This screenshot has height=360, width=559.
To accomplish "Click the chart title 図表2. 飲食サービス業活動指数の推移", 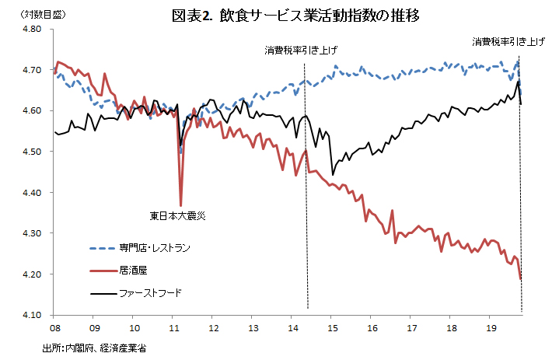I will pyautogui.click(x=298, y=15).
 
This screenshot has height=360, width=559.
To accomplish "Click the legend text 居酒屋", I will pyautogui.click(x=132, y=271).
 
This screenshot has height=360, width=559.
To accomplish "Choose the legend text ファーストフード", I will pyautogui.click(x=151, y=294).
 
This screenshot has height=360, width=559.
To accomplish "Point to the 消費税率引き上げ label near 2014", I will pyautogui.click(x=301, y=51).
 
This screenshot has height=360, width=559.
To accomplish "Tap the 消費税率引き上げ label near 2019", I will pyautogui.click(x=509, y=42).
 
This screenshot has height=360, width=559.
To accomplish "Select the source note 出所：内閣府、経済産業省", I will pyautogui.click(x=95, y=348).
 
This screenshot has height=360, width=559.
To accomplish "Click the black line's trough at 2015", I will pyautogui.click(x=333, y=174).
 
